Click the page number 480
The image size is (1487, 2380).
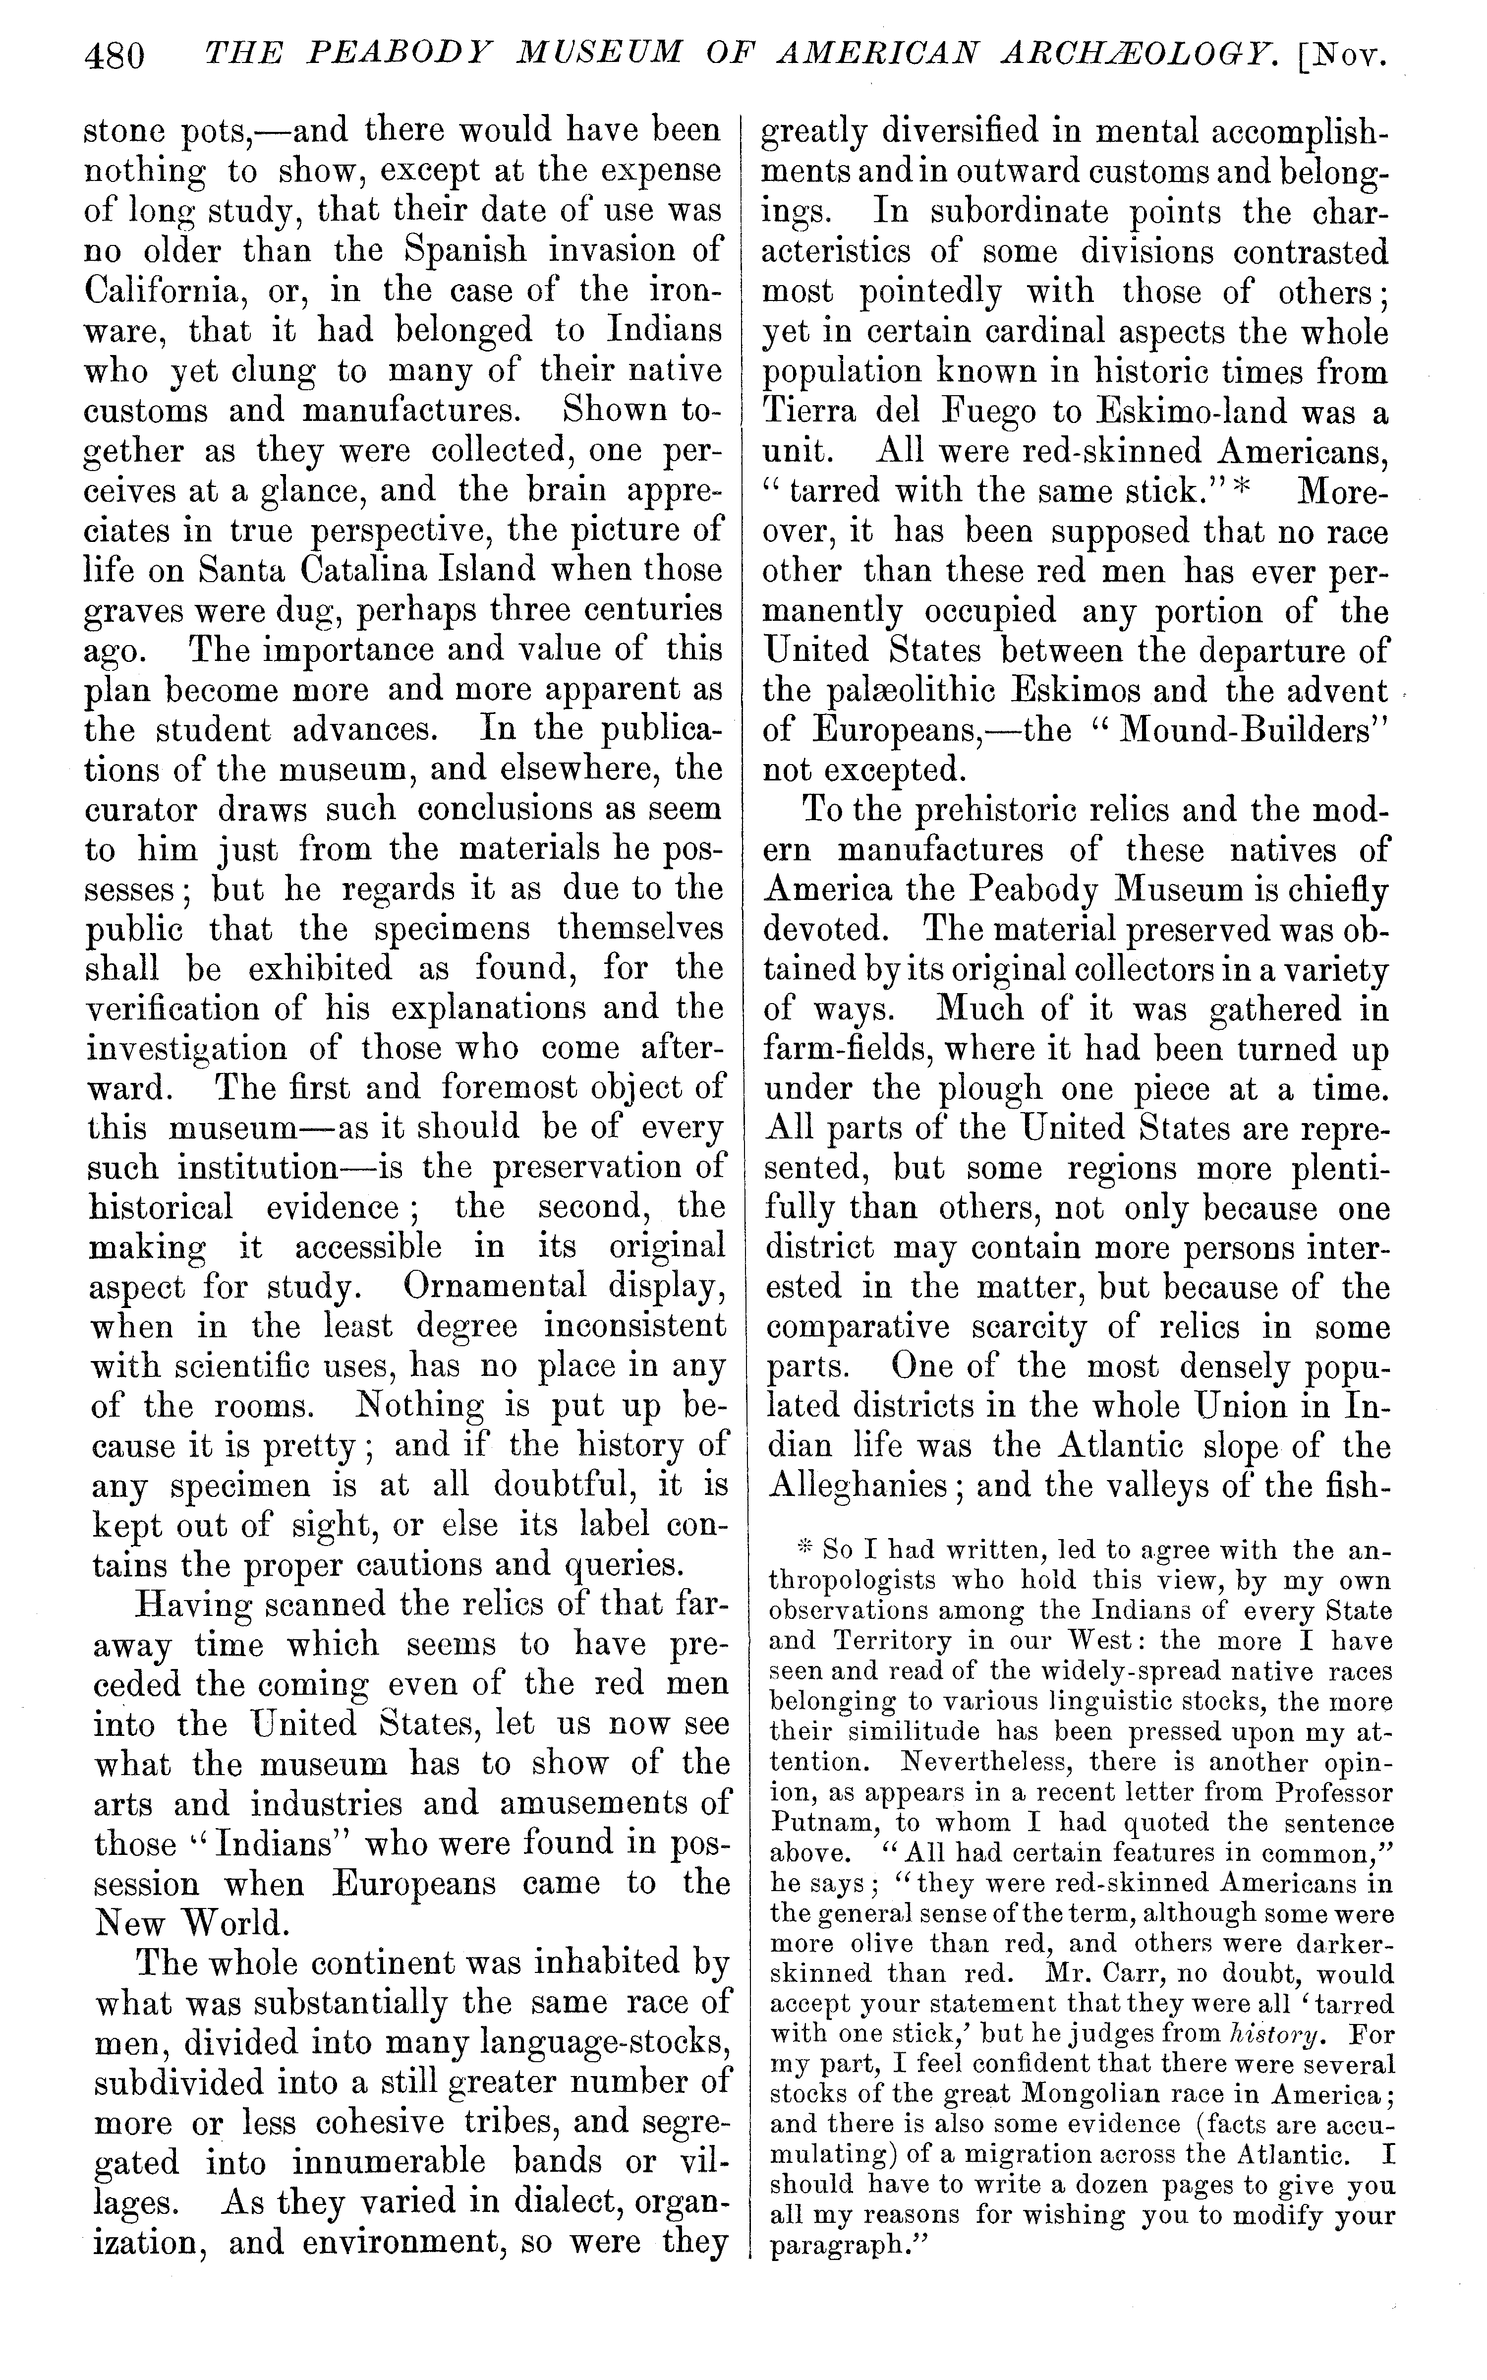pyautogui.click(x=115, y=56)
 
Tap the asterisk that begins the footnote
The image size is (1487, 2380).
pyautogui.click(x=802, y=1550)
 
